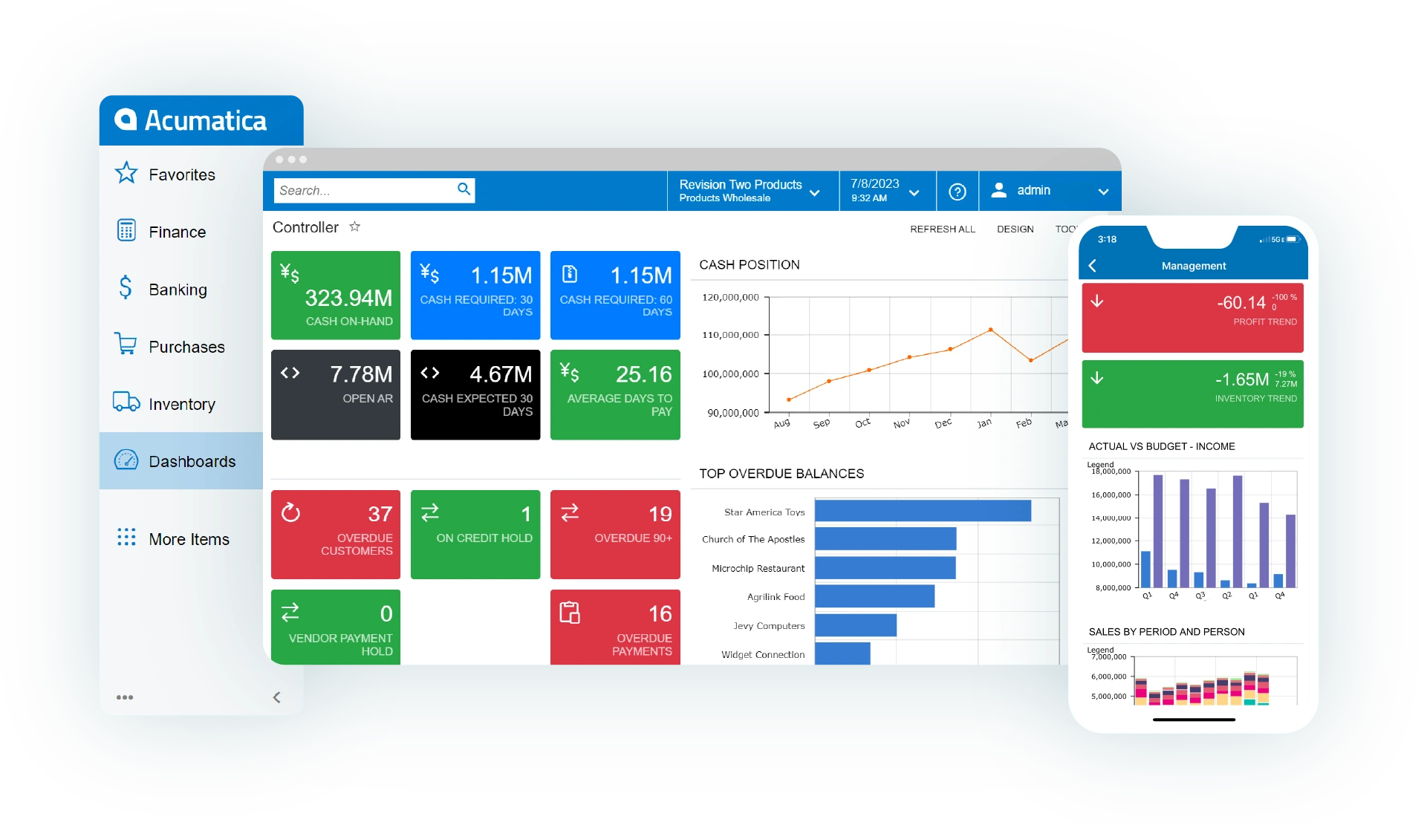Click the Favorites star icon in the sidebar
126,174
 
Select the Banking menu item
178,290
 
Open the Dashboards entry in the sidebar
192,461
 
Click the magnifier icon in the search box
464,189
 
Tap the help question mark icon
958,192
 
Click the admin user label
1033,191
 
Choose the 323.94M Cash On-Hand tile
336,296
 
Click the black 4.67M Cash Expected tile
475,394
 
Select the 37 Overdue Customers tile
336,534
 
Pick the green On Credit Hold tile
475,534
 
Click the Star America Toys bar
923,511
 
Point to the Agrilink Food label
776,597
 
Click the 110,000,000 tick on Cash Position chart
730,335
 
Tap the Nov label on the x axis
901,423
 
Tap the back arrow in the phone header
1092,266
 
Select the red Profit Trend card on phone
1192,317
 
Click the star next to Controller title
355,226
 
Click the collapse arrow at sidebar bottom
276,697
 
